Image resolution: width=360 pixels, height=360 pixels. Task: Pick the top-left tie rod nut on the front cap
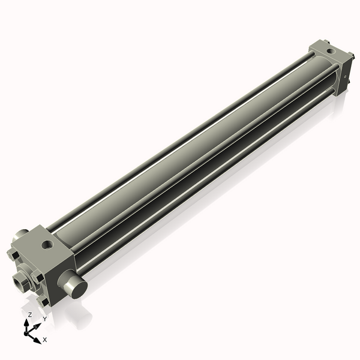click(11, 256)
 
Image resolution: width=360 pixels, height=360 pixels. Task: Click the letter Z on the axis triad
click(30, 314)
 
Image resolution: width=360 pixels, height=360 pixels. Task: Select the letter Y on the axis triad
click(44, 319)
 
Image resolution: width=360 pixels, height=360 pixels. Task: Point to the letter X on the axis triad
click(45, 340)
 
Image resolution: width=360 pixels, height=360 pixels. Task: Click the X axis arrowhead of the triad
click(38, 337)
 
